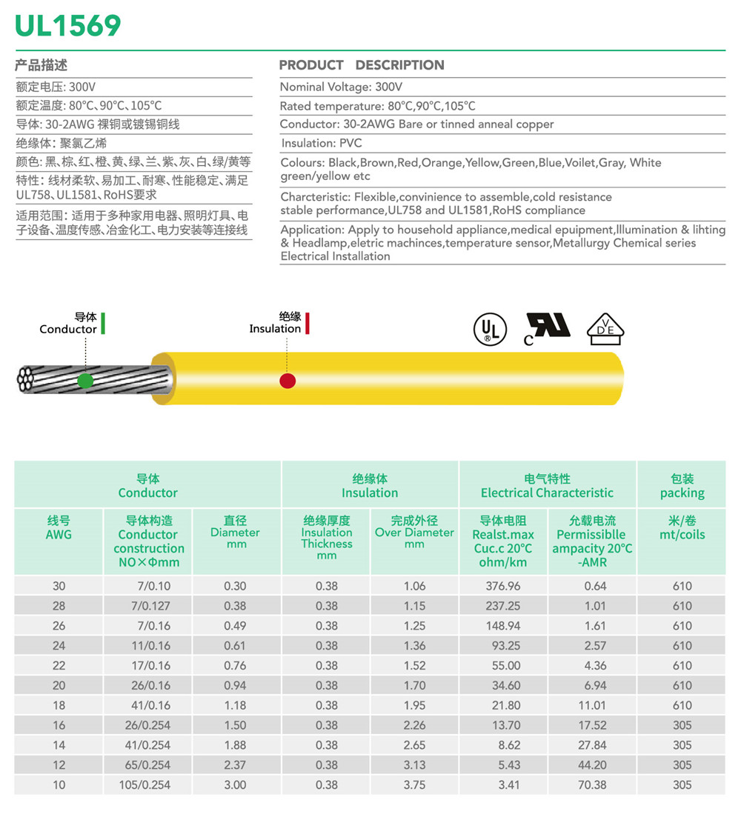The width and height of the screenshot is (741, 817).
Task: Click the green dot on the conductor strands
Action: tap(85, 381)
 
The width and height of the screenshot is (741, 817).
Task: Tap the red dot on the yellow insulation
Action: tap(288, 381)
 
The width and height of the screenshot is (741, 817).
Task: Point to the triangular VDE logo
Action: tap(605, 328)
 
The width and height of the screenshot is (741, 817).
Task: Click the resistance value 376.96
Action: tap(503, 586)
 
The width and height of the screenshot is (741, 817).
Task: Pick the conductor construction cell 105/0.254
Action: tap(144, 784)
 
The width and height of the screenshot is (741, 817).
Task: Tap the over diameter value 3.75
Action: tap(414, 784)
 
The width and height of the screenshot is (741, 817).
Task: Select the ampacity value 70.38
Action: tap(591, 784)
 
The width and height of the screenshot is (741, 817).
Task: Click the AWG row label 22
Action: tap(59, 665)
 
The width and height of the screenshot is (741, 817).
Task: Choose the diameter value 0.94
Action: tap(235, 685)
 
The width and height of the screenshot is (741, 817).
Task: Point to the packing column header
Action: tap(682, 486)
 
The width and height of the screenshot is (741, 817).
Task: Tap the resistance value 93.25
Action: tap(503, 645)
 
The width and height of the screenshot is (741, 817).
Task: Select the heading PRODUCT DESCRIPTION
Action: tap(362, 65)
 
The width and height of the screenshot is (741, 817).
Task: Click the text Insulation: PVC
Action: tap(322, 143)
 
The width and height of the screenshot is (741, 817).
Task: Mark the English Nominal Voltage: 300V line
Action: tap(341, 87)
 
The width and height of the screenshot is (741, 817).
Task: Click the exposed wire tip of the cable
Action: tap(26, 379)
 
